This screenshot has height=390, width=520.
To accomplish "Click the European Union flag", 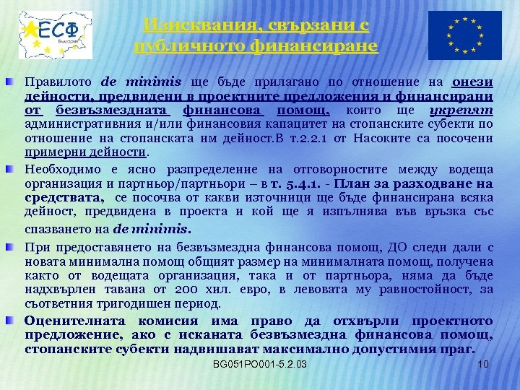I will (465, 35).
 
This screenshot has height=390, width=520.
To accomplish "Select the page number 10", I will (484, 364).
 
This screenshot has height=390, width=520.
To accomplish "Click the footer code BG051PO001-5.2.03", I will (260, 364).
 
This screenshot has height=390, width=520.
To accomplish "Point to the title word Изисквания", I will (190, 25).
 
